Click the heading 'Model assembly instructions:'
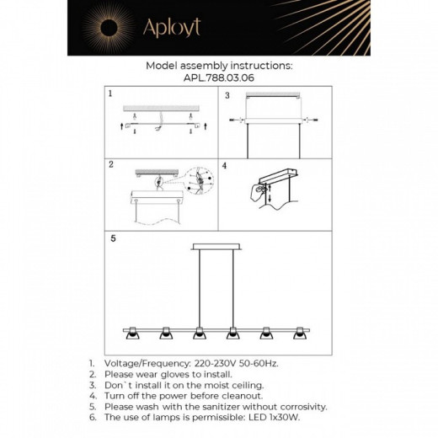point(218,64)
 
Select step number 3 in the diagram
point(226,95)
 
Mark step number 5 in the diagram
point(114,238)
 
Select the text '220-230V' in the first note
point(204,363)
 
